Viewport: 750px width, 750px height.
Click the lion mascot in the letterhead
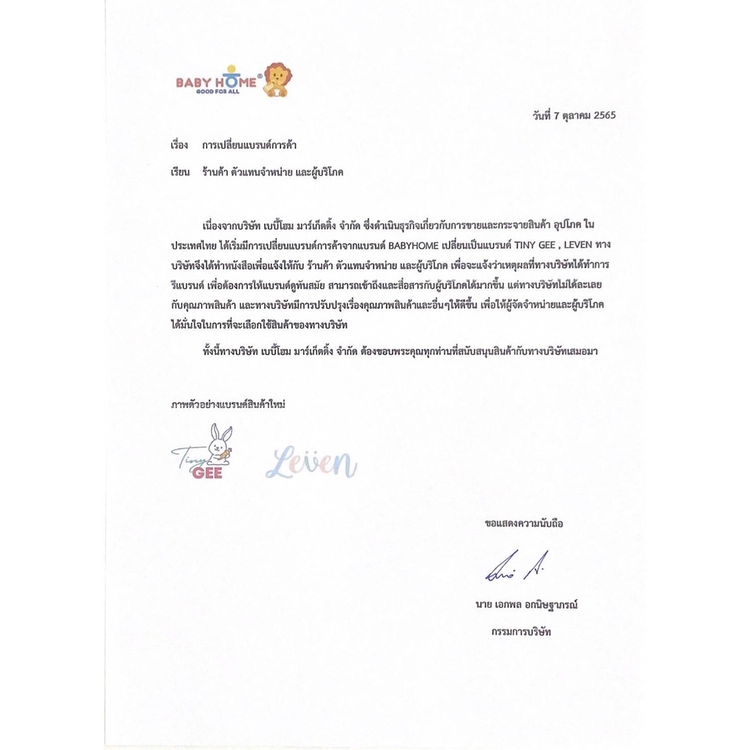[277, 79]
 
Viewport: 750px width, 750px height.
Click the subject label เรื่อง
[179, 145]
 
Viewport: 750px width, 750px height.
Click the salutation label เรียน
[180, 172]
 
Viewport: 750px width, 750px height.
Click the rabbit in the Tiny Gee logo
[218, 442]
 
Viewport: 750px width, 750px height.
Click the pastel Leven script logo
[311, 463]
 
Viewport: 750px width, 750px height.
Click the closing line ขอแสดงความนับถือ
[524, 523]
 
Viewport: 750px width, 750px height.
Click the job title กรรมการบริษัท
[521, 630]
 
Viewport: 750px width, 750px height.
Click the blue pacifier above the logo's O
[231, 70]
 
